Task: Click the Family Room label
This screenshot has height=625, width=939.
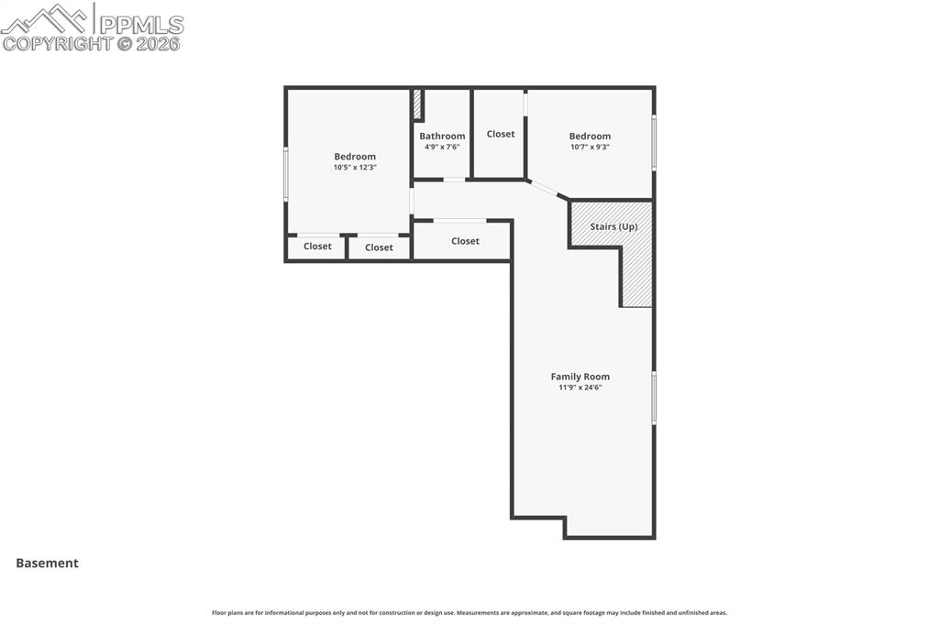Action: [x=580, y=377]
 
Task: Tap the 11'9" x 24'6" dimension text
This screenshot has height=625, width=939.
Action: [x=580, y=388]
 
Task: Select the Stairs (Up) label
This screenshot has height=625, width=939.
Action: [x=613, y=226]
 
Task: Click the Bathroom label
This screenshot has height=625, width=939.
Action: [x=442, y=136]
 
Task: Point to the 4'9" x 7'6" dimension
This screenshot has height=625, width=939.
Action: [x=442, y=147]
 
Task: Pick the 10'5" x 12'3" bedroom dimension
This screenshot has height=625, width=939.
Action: [x=355, y=168]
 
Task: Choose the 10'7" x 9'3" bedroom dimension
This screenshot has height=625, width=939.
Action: [x=590, y=147]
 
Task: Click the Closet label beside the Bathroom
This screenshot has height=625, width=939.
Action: [x=501, y=134]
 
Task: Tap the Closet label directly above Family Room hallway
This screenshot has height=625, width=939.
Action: [x=465, y=241]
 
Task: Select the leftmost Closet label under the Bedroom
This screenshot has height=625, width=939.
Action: [x=317, y=246]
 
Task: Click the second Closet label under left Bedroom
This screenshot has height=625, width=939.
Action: [x=379, y=247]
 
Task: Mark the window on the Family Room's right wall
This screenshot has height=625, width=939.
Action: [x=654, y=397]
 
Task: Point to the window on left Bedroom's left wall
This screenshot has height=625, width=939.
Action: [x=285, y=174]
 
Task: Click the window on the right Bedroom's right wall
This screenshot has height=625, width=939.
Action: [x=654, y=142]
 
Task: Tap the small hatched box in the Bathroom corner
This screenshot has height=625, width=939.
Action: [x=417, y=104]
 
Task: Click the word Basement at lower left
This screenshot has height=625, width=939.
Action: [x=47, y=564]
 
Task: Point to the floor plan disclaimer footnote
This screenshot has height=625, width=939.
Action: [x=469, y=612]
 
